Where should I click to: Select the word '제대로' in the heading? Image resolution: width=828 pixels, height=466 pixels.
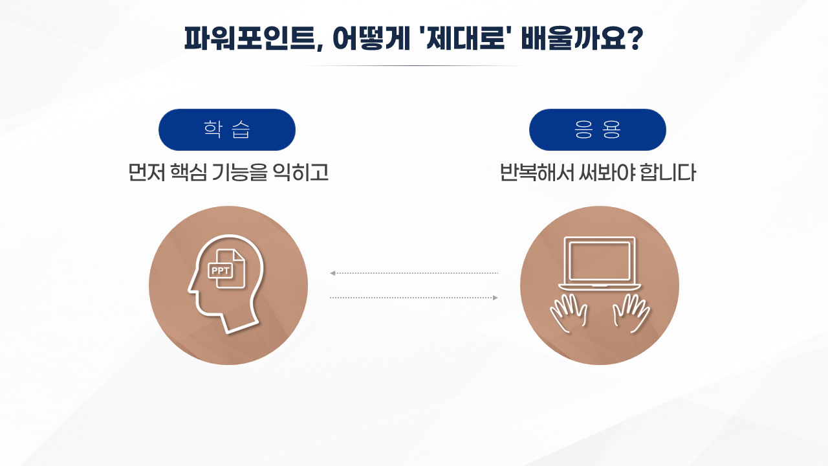466,38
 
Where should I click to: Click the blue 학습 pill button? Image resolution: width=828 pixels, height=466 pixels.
227,129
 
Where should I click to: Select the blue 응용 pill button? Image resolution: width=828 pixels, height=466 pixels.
597,129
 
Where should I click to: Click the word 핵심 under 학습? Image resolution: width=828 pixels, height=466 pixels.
188,172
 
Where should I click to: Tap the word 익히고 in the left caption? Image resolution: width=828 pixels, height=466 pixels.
300,172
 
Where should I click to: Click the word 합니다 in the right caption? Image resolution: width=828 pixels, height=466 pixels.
668,172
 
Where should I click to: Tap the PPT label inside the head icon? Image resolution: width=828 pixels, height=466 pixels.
221,271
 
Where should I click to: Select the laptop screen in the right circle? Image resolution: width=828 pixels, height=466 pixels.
600,261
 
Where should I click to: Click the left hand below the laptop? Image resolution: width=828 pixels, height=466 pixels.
569,313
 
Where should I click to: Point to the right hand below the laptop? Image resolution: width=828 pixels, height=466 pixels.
631,313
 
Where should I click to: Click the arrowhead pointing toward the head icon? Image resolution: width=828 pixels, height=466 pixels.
332,273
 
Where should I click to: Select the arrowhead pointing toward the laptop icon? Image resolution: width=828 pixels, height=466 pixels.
496,298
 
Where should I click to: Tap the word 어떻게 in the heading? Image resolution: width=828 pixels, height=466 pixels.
371,38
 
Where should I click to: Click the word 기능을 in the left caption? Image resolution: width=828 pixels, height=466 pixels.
239,172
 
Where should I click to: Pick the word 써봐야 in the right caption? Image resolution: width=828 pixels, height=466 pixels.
605,172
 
